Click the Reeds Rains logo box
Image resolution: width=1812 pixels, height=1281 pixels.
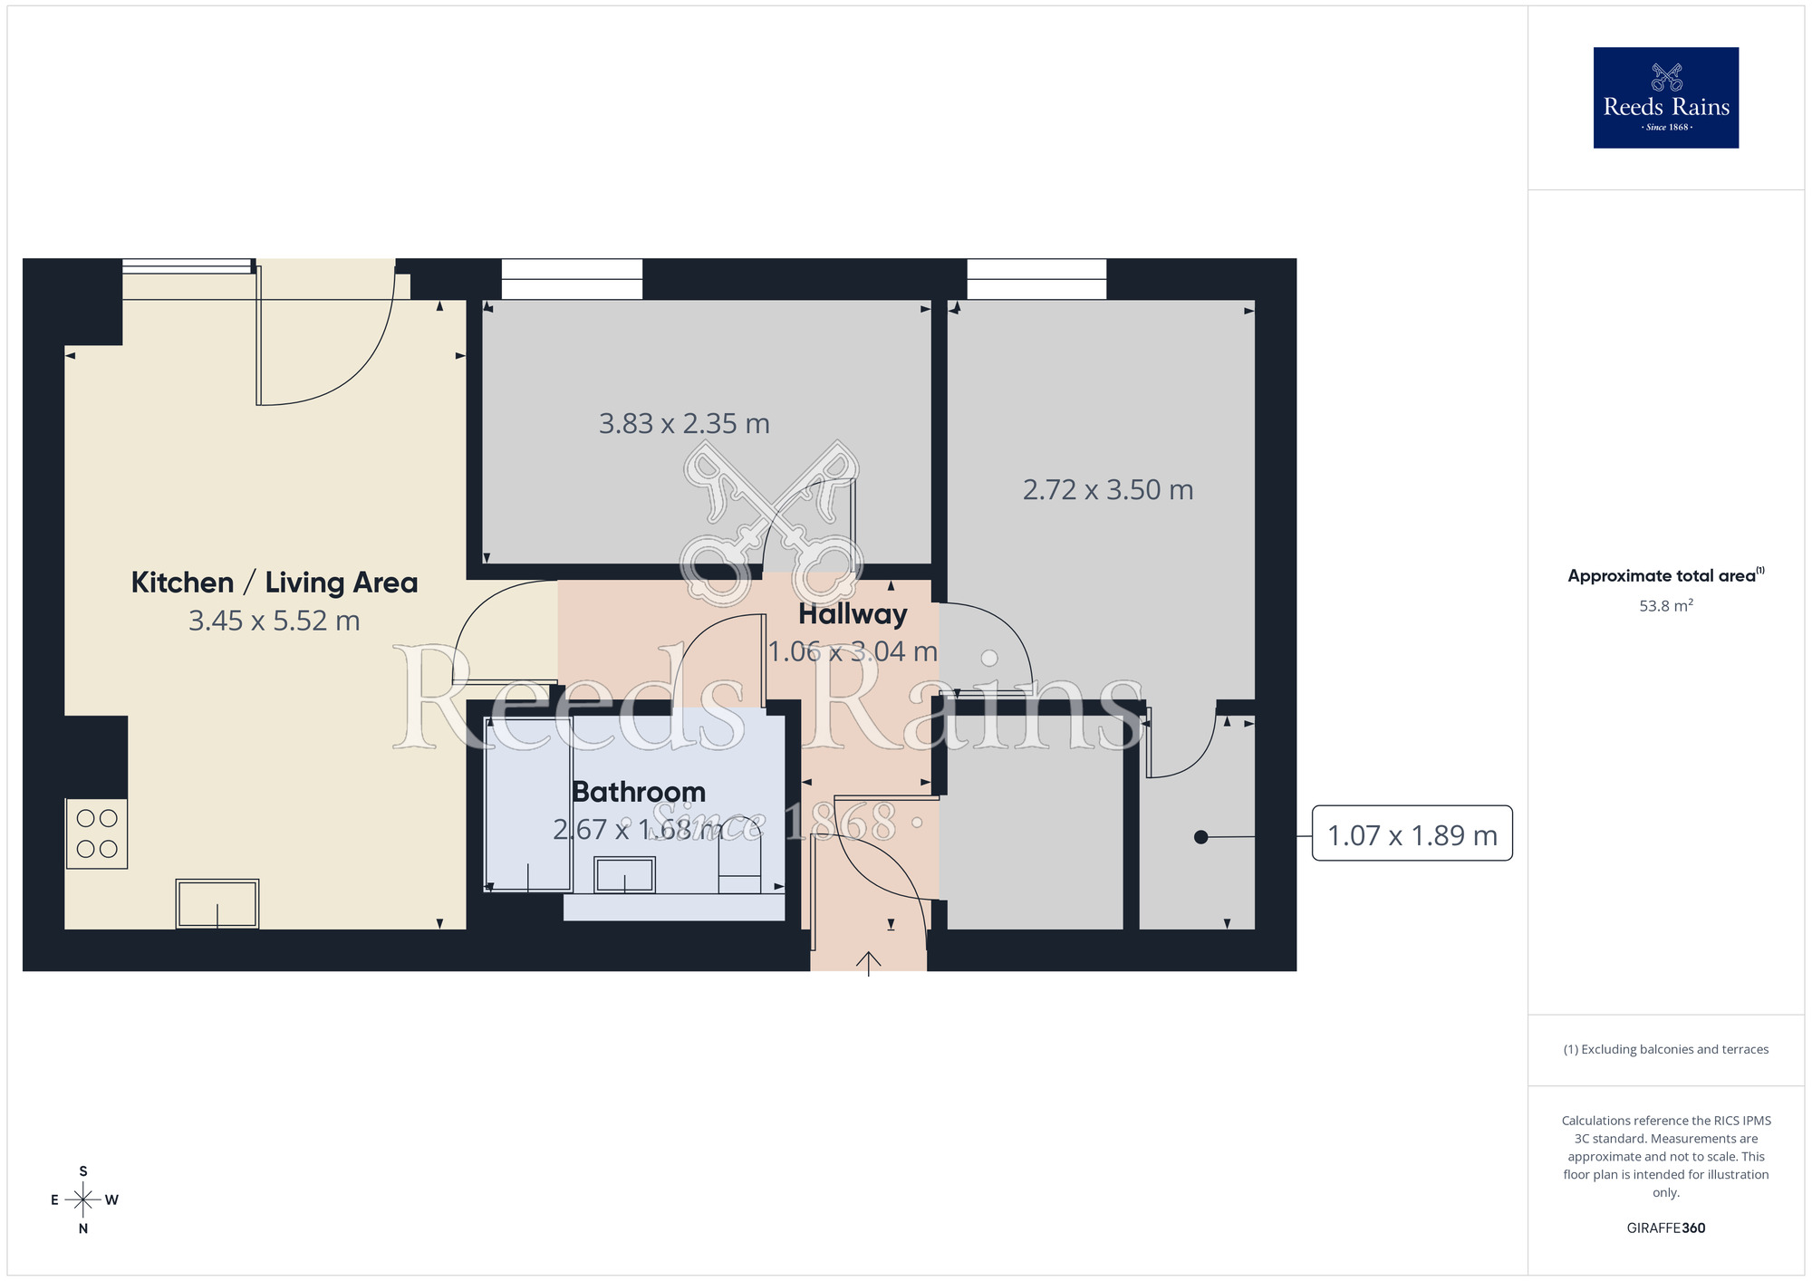tap(1665, 98)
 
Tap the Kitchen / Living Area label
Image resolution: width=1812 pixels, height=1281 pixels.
tap(275, 583)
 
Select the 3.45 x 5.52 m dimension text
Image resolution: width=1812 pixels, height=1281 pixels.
tap(275, 621)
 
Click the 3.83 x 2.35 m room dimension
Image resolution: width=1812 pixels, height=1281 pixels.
tap(684, 424)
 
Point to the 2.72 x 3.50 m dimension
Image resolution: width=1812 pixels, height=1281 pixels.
tap(1108, 490)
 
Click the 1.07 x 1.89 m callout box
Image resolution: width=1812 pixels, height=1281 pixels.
tap(1412, 833)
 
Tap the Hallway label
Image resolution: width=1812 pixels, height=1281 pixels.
tap(853, 614)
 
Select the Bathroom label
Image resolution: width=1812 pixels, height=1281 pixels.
tap(639, 792)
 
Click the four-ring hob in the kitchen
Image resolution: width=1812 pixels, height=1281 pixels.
tap(97, 833)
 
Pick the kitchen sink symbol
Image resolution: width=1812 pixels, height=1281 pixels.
tap(217, 903)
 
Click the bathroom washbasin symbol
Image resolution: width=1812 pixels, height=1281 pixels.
tap(624, 875)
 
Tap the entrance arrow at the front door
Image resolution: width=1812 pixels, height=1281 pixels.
tap(869, 962)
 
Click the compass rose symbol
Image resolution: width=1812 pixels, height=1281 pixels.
tap(83, 1200)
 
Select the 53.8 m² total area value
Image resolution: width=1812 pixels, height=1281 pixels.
tap(1665, 606)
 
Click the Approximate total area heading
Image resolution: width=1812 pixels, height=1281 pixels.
tap(1665, 576)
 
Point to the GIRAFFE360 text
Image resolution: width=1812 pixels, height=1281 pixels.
tap(1665, 1228)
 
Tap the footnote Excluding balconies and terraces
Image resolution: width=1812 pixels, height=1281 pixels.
tap(1665, 1049)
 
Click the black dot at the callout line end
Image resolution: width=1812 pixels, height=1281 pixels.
tap(1200, 837)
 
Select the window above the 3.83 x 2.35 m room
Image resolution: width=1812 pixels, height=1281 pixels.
tap(572, 279)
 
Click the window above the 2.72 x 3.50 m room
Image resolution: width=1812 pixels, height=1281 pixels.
tap(1036, 279)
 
